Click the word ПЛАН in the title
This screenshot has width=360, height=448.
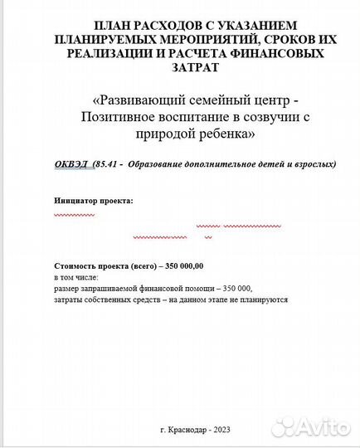(113, 27)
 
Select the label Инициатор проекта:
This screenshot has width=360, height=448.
(93, 201)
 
